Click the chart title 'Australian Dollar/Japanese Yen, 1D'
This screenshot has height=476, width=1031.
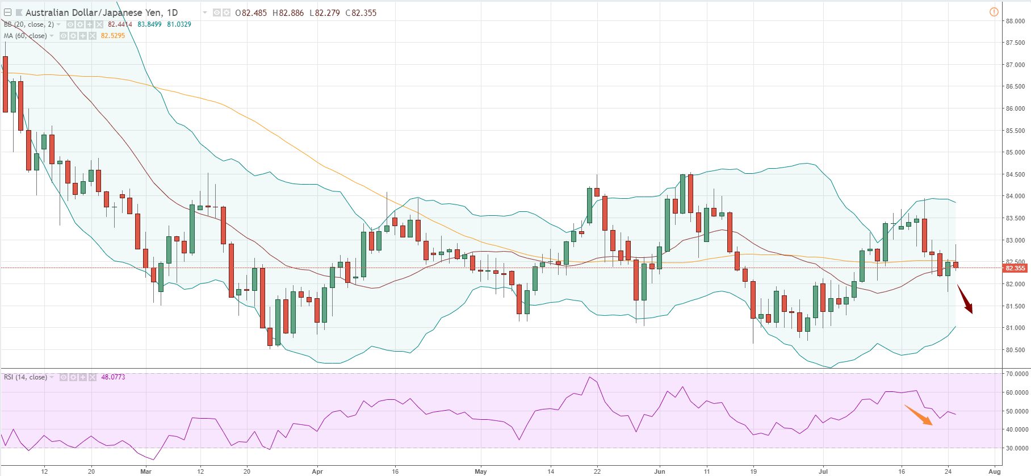(102, 12)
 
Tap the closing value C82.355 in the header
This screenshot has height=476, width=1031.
(361, 12)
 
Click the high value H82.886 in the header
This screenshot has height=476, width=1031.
(288, 12)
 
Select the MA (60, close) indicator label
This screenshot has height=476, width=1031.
(26, 36)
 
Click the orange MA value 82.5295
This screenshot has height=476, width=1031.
(113, 36)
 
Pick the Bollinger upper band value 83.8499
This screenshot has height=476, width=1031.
(149, 24)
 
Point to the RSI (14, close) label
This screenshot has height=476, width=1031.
(26, 377)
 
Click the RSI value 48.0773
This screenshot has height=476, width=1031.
(113, 377)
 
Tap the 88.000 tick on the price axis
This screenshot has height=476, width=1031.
(1015, 21)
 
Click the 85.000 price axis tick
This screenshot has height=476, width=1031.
(1015, 152)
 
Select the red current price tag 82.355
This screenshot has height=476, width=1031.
(1015, 268)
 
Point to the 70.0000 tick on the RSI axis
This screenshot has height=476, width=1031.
(1017, 374)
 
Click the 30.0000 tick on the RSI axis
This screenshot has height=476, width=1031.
(1017, 448)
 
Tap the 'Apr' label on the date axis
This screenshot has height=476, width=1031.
(317, 471)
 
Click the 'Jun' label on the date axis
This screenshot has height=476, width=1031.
(660, 471)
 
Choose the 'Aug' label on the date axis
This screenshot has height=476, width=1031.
(995, 471)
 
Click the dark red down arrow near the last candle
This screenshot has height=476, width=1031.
(965, 299)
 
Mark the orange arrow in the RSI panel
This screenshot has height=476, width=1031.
(918, 415)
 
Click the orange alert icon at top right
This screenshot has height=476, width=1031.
(994, 12)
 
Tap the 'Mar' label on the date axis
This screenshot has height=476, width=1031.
(146, 471)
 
